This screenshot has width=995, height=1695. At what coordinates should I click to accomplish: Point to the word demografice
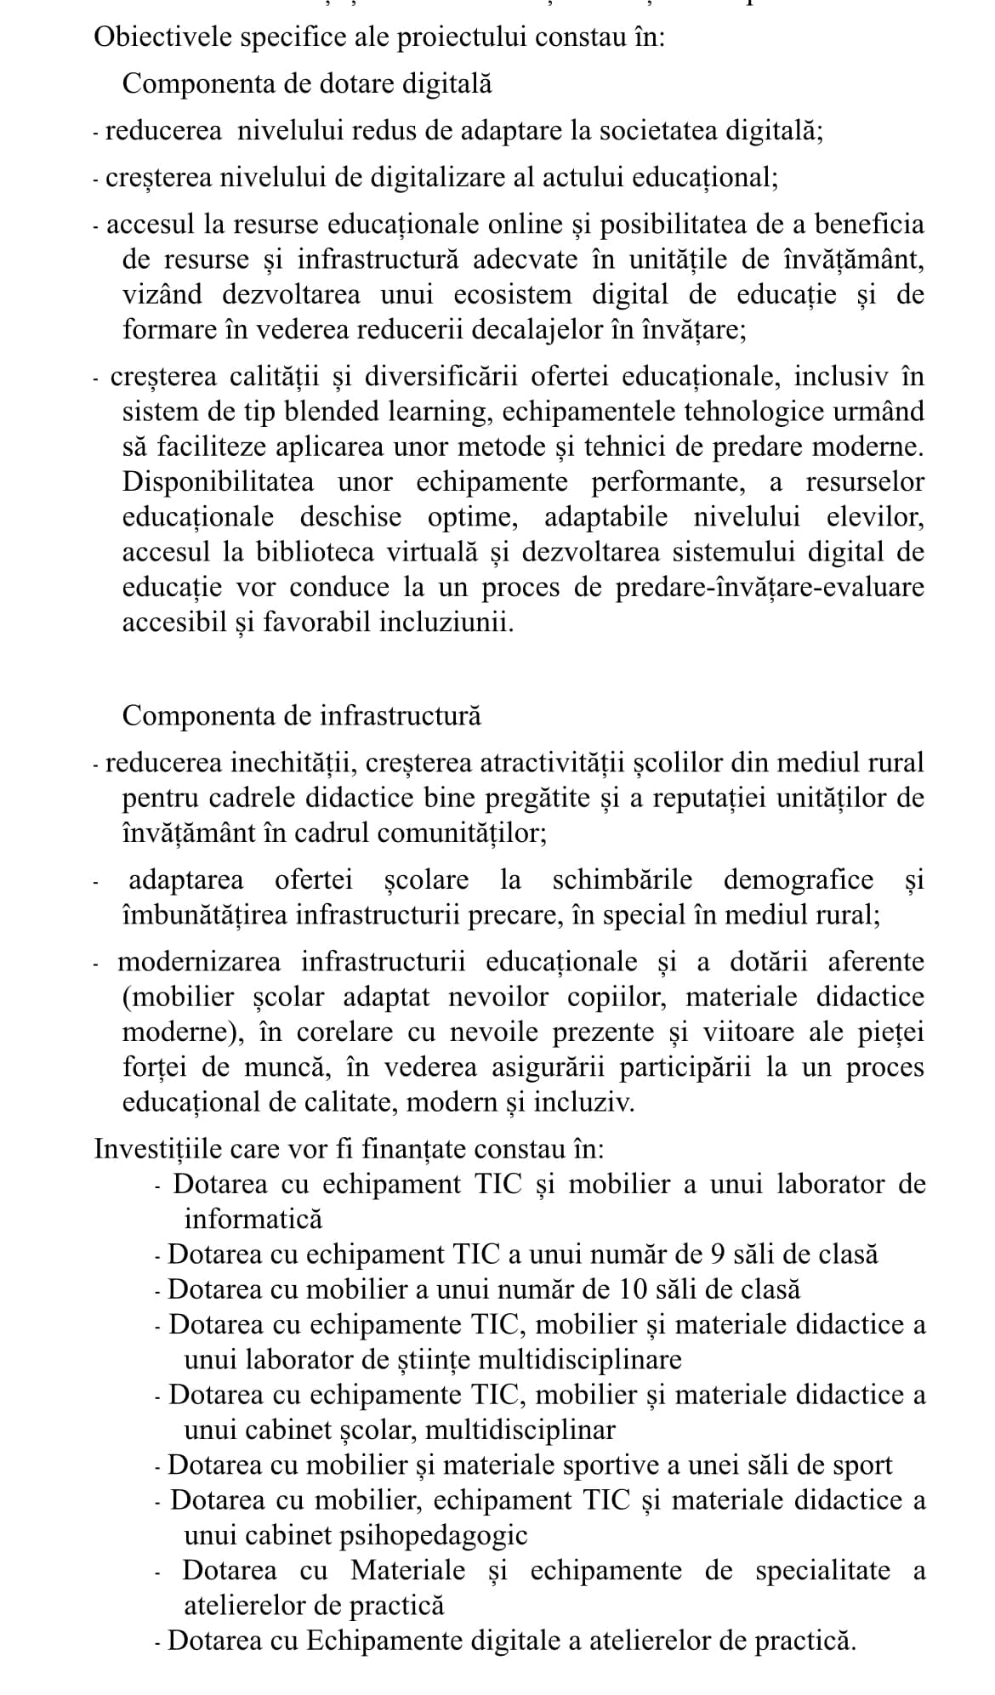(x=799, y=879)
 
